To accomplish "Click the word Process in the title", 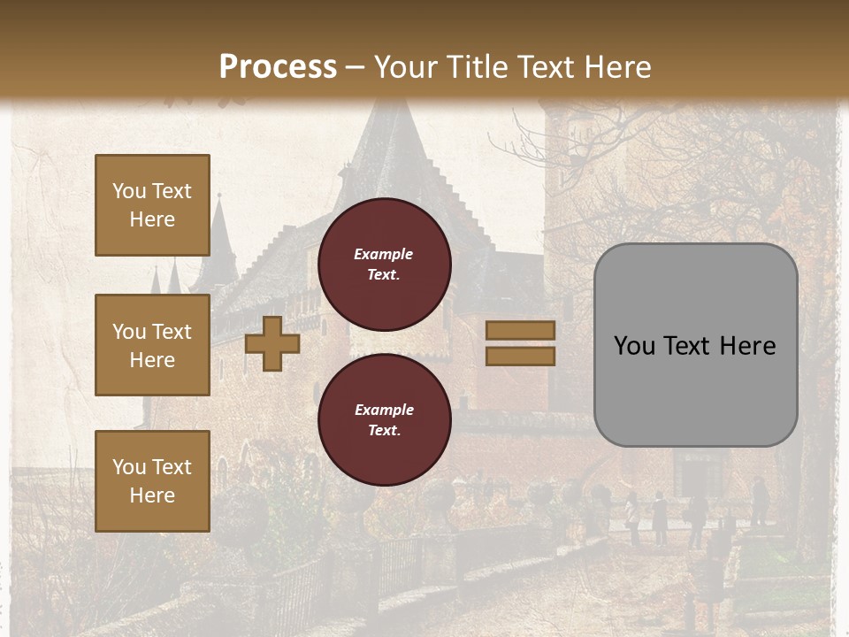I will pos(278,66).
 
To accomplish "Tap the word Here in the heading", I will pos(614,66).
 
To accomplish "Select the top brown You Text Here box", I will pos(152,205).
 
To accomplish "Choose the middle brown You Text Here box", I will pos(152,345).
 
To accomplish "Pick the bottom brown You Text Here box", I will pos(152,480).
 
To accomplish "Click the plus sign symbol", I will pos(272,343).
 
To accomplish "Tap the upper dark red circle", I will pos(385,265).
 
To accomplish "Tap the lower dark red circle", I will pos(385,420).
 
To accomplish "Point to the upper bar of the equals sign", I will pos(521,331).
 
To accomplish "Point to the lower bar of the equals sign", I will pos(521,356).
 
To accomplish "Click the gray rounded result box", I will pos(696,389).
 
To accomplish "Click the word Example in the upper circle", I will pos(384,254).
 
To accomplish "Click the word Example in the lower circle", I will pos(384,410).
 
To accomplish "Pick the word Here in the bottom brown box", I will pos(152,495).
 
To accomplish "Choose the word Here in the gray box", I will pos(747,346).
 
